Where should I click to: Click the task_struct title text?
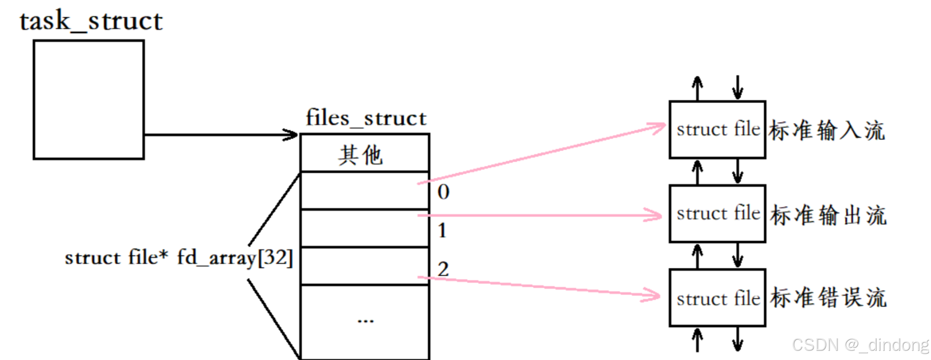tap(91, 21)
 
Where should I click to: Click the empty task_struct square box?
tap(89, 100)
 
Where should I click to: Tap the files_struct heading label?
tap(366, 118)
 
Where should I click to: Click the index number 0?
tap(443, 192)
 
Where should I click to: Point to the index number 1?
tap(442, 231)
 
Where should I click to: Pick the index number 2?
tap(443, 269)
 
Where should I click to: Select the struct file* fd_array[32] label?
tap(179, 257)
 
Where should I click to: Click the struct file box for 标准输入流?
tap(717, 129)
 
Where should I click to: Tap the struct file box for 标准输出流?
tap(717, 214)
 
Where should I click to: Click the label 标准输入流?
tap(827, 130)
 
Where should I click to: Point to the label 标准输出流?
tap(828, 215)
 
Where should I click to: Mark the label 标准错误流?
tap(828, 298)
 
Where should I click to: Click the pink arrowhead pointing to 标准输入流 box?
tap(658, 128)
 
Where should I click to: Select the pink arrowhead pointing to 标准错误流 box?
tap(653, 295)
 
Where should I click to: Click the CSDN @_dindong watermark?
tap(860, 345)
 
